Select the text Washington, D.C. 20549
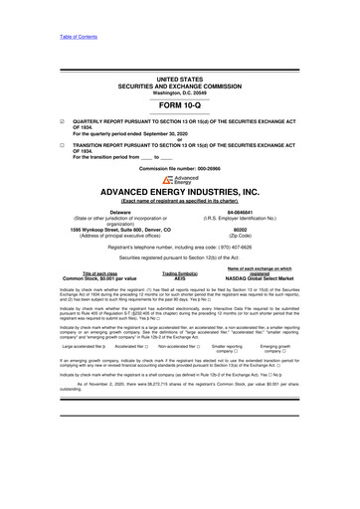click(179, 90)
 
